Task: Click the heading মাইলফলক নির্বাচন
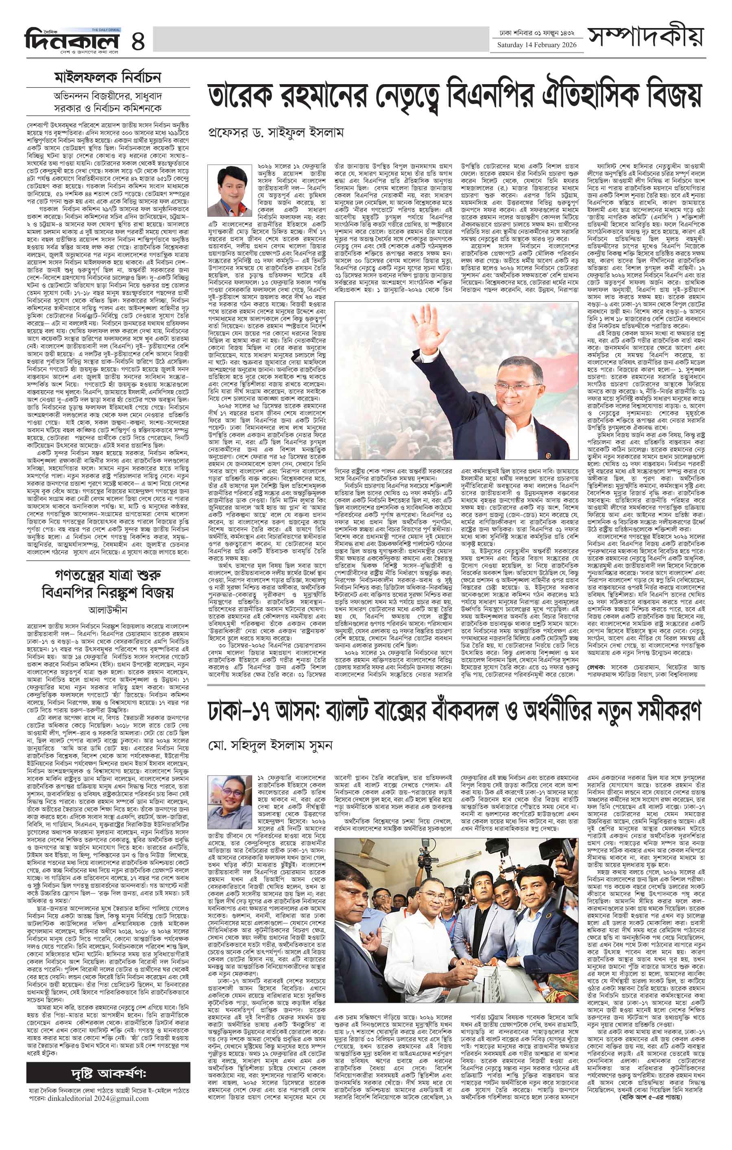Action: tap(107, 77)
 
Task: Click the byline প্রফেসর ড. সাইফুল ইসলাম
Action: tap(276, 132)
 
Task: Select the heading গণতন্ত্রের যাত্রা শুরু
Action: tap(107, 574)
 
